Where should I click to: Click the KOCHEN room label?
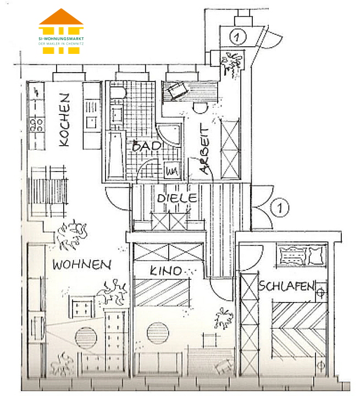point(64,119)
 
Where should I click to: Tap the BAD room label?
point(146,146)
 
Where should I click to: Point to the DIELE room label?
point(176,198)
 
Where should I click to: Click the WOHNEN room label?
point(81,265)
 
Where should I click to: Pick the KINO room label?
point(165,271)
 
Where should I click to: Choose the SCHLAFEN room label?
point(286,287)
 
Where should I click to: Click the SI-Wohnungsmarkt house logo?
point(61,31)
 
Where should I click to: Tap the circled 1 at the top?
point(237,37)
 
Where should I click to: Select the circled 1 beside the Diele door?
point(280,208)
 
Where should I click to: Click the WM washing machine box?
point(171,170)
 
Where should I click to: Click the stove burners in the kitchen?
point(37,123)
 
